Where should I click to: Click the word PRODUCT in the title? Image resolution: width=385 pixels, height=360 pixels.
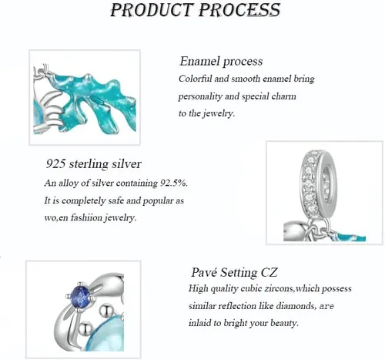pos(151,10)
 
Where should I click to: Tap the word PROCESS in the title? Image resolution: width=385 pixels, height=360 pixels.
pos(239,10)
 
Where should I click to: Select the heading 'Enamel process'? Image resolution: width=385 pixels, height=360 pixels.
pos(221,62)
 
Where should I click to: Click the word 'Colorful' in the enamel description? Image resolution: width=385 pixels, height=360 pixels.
pos(194,79)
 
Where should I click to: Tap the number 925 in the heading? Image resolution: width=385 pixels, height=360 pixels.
pos(55,163)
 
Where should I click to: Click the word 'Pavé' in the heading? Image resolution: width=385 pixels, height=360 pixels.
pos(204,272)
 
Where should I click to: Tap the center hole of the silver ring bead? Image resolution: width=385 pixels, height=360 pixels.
pos(326,182)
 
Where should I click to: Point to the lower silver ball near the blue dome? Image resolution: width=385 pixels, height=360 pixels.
pos(85,330)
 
